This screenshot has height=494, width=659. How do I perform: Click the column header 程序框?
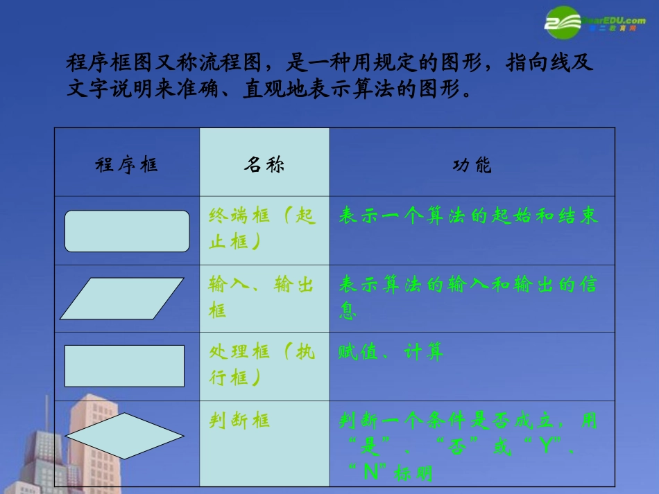tap(126, 166)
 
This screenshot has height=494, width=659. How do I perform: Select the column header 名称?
tap(264, 166)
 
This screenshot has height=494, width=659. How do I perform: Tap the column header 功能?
tap(472, 166)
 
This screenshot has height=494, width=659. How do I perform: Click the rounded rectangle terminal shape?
tap(127, 231)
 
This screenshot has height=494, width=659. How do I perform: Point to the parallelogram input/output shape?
tap(122, 299)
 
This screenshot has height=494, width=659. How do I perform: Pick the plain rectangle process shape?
tap(124, 366)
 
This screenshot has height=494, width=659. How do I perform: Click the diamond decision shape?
tap(125, 436)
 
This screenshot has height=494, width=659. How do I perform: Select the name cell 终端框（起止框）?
tap(262, 229)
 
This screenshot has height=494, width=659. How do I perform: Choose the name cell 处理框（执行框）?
tap(262, 364)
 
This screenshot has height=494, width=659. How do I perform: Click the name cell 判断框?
tap(239, 421)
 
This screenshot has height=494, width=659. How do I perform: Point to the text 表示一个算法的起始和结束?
tap(468, 216)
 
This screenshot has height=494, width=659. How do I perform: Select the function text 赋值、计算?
tap(391, 353)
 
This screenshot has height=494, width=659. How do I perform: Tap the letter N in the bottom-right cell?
tap(370, 473)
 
